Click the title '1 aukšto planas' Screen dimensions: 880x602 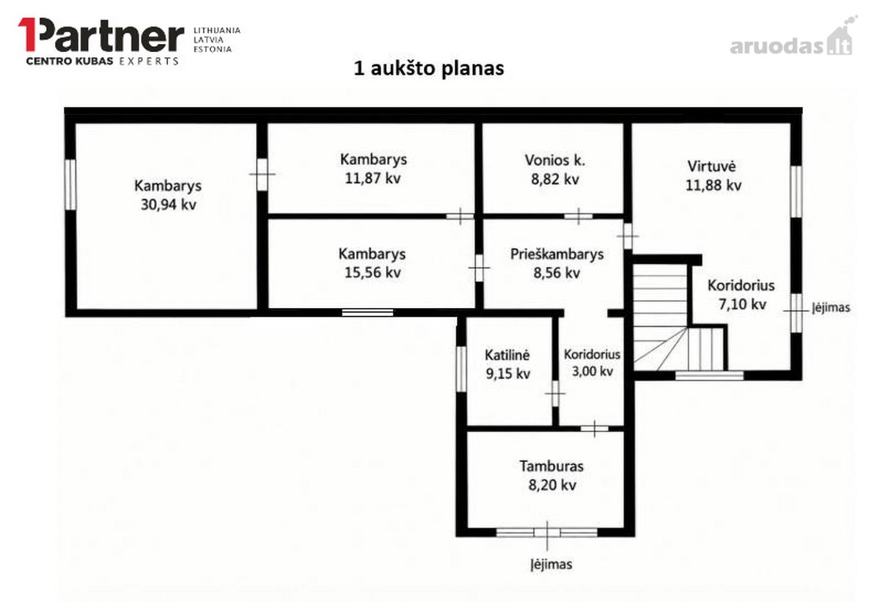click(428, 69)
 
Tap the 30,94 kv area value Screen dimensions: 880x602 click(169, 205)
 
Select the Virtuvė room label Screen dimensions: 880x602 click(711, 166)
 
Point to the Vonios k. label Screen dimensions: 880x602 click(554, 161)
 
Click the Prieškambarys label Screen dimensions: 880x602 click(557, 254)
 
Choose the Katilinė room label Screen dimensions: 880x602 click(507, 355)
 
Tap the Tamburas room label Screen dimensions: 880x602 click(551, 466)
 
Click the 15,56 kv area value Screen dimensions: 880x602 click(373, 273)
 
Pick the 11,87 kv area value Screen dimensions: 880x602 click(373, 178)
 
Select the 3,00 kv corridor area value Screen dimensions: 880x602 click(592, 371)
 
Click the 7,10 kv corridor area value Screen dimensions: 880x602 click(742, 304)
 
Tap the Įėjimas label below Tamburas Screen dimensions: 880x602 click(551, 565)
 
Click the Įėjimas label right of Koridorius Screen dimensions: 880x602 click(831, 307)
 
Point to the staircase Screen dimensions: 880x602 click(678, 318)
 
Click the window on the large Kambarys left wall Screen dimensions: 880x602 click(70, 185)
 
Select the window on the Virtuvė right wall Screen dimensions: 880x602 click(796, 191)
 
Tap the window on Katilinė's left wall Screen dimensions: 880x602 click(461, 369)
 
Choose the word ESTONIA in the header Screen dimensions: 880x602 click(213, 49)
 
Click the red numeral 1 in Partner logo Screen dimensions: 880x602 click(29, 34)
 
